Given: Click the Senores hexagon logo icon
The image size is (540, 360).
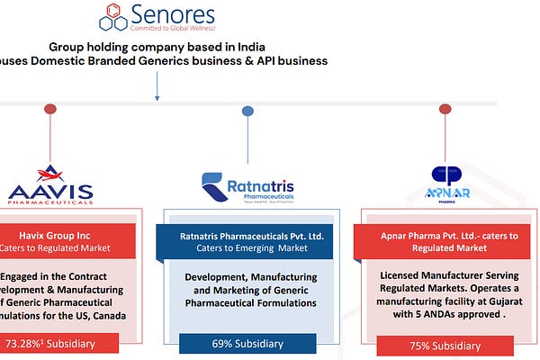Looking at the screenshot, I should click(112, 15).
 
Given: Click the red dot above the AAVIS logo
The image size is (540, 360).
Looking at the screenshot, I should click(49, 109).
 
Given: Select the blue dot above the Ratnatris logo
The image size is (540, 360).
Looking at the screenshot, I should click(247, 111).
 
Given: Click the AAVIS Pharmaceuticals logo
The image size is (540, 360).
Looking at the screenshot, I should click(50, 186).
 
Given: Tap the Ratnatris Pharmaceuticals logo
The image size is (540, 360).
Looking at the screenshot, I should click(247, 187).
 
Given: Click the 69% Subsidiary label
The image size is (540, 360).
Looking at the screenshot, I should click(247, 343).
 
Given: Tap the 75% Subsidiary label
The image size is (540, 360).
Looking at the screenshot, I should click(444, 344).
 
